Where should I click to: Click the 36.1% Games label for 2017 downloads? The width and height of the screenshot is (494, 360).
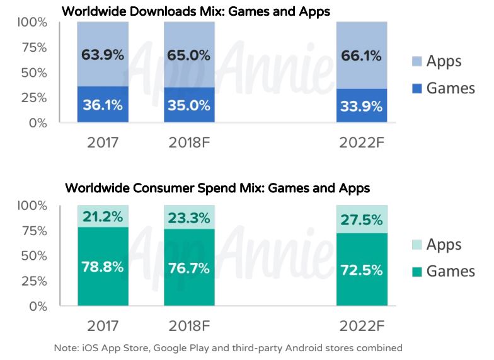[102, 105]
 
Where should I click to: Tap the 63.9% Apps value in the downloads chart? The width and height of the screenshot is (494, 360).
[102, 55]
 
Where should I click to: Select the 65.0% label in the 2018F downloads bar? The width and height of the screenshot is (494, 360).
[188, 55]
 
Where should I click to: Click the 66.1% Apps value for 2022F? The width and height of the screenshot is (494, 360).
[360, 56]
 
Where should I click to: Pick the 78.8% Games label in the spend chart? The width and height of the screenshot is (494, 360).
[102, 266]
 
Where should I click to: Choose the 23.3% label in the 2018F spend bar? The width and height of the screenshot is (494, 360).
[188, 219]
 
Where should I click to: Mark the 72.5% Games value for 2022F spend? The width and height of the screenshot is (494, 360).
[360, 270]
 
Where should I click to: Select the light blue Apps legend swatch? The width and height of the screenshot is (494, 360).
[417, 61]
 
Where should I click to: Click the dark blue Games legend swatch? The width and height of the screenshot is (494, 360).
[417, 88]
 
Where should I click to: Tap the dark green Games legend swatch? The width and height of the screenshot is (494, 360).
[417, 271]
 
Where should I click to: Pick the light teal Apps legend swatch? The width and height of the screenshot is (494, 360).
[417, 245]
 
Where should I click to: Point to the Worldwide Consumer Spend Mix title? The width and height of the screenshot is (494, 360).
[217, 188]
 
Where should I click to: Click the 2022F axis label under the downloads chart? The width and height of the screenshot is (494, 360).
[360, 142]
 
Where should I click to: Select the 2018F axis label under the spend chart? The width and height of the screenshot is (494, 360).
[188, 326]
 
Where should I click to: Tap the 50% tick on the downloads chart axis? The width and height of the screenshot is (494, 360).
[33, 73]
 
